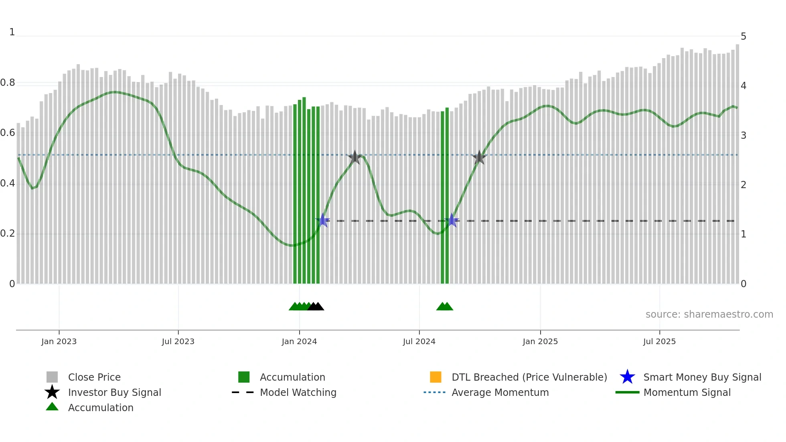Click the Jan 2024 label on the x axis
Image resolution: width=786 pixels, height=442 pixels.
[x=299, y=341]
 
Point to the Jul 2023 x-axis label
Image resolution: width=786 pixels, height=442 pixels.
[x=178, y=341]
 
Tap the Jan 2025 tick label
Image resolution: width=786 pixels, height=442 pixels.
[x=540, y=341]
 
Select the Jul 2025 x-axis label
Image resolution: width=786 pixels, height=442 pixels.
[x=659, y=341]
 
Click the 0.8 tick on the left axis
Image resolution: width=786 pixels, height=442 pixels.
[x=8, y=83]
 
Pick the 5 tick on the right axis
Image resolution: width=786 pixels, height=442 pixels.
[x=743, y=36]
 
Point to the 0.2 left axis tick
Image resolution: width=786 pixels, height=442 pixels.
[x=8, y=233]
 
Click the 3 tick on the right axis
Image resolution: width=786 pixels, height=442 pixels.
[x=743, y=136]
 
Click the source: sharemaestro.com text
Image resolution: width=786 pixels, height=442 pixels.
[x=709, y=314]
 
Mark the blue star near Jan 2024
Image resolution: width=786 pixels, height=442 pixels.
[x=322, y=220]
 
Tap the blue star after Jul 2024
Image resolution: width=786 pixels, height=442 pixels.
[x=452, y=220]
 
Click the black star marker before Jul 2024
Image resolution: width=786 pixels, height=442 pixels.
[x=355, y=157]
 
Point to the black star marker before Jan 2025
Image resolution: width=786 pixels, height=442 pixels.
[x=479, y=158]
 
